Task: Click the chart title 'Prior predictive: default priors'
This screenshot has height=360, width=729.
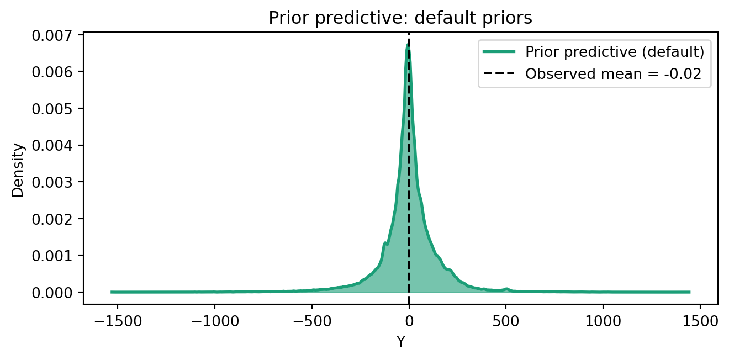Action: (x=400, y=18)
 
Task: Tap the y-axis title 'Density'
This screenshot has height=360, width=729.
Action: (x=18, y=170)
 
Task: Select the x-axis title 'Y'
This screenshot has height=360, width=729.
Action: (x=401, y=342)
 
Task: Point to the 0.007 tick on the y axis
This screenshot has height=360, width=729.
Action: (x=52, y=35)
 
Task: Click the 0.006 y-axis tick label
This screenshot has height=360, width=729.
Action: (x=52, y=72)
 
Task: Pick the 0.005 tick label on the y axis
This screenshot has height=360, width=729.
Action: (x=52, y=109)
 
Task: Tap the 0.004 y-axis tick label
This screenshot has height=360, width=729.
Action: (x=52, y=146)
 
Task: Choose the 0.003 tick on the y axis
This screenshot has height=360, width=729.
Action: (x=52, y=182)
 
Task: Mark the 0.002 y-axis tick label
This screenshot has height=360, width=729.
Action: (x=52, y=219)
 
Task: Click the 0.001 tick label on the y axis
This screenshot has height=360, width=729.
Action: (x=52, y=256)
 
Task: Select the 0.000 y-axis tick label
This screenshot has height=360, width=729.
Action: (x=52, y=293)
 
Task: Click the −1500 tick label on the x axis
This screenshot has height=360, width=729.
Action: (x=118, y=321)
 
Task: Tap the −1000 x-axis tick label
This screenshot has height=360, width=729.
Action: (x=215, y=321)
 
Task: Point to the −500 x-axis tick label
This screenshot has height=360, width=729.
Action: (x=312, y=321)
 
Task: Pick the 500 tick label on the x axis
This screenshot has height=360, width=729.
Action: (x=506, y=321)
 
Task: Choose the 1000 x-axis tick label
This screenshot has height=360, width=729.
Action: (x=603, y=321)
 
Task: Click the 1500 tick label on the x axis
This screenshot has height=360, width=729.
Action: (x=700, y=321)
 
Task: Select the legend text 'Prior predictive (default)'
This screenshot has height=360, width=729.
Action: (x=615, y=52)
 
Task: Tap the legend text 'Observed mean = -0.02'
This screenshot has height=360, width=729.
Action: (x=613, y=74)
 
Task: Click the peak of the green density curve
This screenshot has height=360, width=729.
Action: (x=408, y=44)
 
